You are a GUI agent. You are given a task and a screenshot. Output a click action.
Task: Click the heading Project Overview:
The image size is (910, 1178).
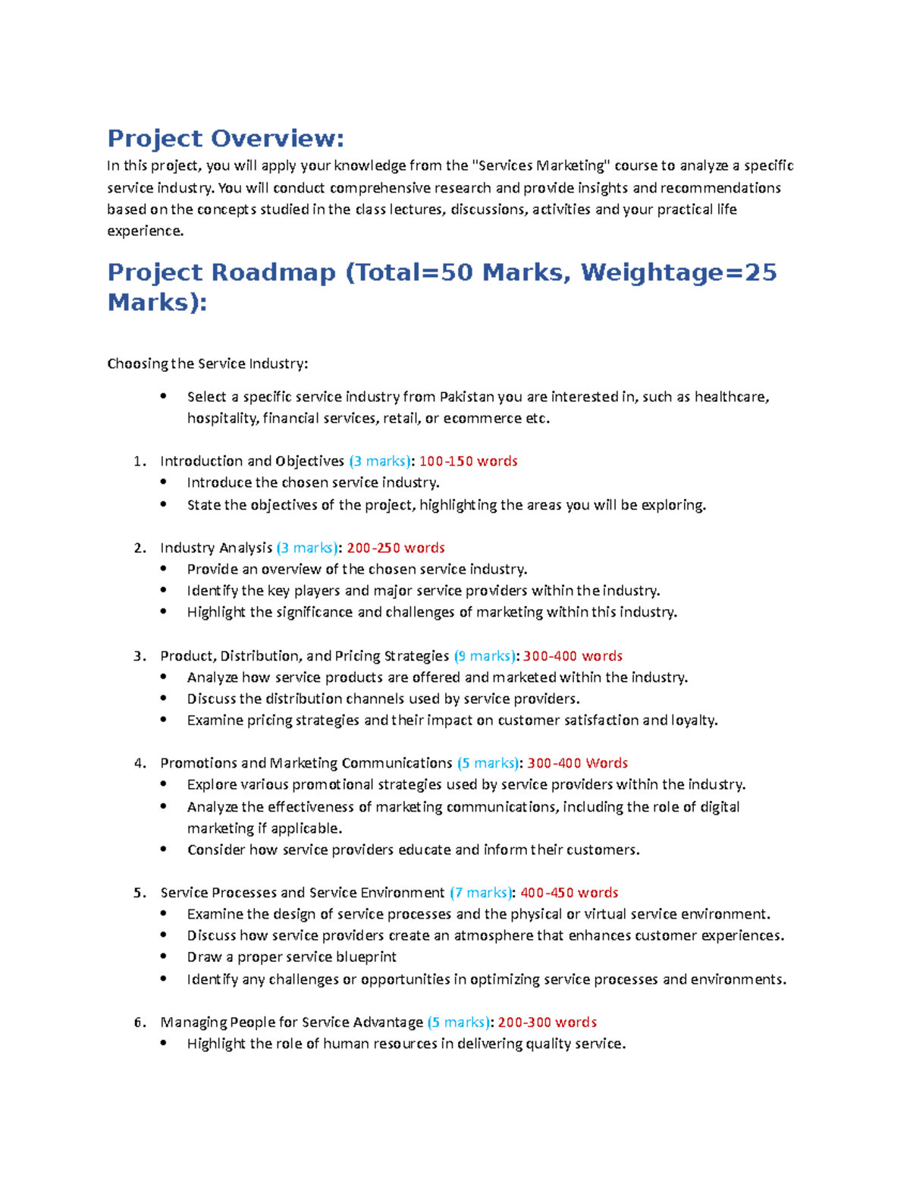(x=225, y=139)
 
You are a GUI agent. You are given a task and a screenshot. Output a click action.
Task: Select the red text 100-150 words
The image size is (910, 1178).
(x=468, y=461)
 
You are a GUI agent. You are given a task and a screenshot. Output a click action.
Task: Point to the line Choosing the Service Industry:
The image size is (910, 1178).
(x=208, y=364)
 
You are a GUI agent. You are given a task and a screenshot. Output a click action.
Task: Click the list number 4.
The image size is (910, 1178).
(x=139, y=764)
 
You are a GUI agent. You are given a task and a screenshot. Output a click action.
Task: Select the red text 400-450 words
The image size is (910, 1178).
(x=569, y=893)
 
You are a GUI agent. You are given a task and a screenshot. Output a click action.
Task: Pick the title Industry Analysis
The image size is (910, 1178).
(x=216, y=548)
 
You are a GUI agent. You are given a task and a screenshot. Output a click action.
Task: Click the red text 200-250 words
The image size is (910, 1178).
(x=395, y=548)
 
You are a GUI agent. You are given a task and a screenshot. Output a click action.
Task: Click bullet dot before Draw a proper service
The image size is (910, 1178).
(x=164, y=957)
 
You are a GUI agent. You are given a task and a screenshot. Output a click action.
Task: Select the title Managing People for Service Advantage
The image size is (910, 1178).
(x=292, y=1023)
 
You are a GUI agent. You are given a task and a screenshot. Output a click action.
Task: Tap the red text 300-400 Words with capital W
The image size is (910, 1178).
(x=577, y=764)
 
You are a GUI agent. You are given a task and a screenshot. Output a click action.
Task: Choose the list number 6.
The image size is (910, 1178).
(x=139, y=1023)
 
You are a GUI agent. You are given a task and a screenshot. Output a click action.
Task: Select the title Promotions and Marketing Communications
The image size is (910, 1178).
(x=306, y=764)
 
